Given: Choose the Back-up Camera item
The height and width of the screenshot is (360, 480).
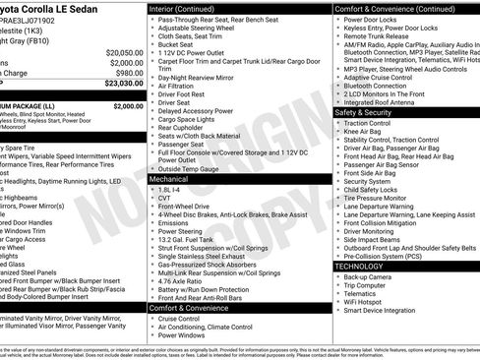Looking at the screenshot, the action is click(370, 277).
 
